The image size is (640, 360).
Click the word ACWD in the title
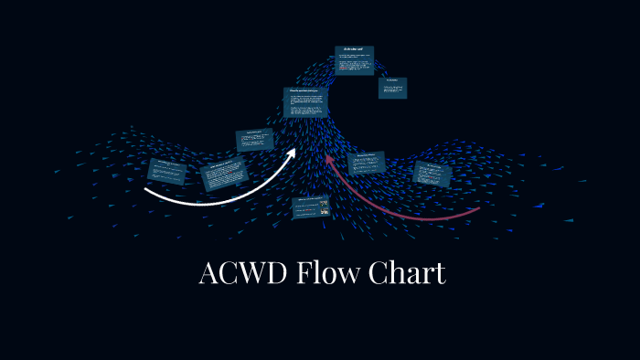[242, 274]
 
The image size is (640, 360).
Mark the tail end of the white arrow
[146, 190]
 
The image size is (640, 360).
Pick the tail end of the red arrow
[479, 209]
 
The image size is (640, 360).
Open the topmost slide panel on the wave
[353, 59]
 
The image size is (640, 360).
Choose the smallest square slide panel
[392, 87]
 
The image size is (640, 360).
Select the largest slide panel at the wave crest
[304, 101]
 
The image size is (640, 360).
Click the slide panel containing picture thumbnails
[311, 207]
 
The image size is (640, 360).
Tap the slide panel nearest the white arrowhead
[255, 139]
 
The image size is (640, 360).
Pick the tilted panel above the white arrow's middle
[224, 173]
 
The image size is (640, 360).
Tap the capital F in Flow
[304, 274]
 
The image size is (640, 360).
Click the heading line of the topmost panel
[353, 48]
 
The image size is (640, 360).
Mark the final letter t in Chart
[441, 274]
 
